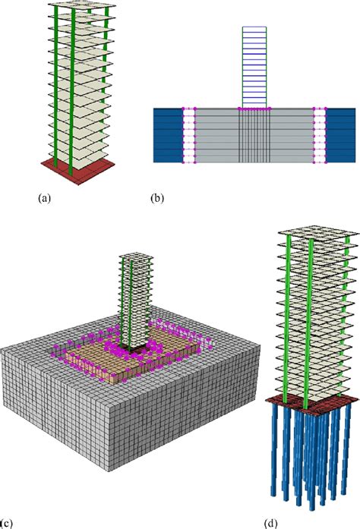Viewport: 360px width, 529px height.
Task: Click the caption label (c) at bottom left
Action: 6,522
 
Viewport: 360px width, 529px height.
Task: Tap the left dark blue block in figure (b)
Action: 167,135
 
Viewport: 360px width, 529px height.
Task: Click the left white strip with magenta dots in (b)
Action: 189,135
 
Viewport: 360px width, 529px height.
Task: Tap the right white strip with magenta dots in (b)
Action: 320,135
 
